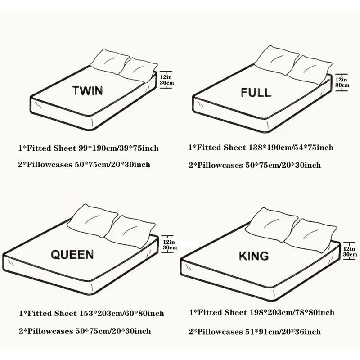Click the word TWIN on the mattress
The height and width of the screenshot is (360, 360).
pyautogui.click(x=87, y=90)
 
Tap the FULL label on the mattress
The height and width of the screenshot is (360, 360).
pyautogui.click(x=256, y=93)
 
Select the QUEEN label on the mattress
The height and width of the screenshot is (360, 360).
pyautogui.click(x=72, y=255)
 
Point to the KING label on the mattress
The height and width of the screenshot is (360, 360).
pyautogui.click(x=253, y=256)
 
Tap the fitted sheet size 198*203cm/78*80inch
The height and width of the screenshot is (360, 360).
pyautogui.click(x=291, y=312)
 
